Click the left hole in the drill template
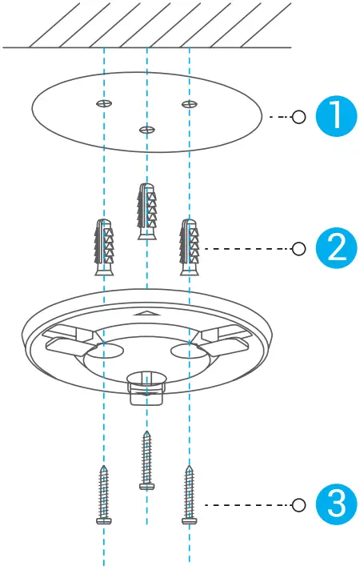click(104, 104)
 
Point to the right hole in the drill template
click(189, 104)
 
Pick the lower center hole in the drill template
click(146, 129)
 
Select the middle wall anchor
click(146, 211)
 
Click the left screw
click(104, 495)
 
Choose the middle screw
click(146, 460)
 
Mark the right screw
click(189, 495)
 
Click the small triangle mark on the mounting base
click(146, 315)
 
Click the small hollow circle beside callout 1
click(299, 117)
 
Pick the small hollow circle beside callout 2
click(299, 248)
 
